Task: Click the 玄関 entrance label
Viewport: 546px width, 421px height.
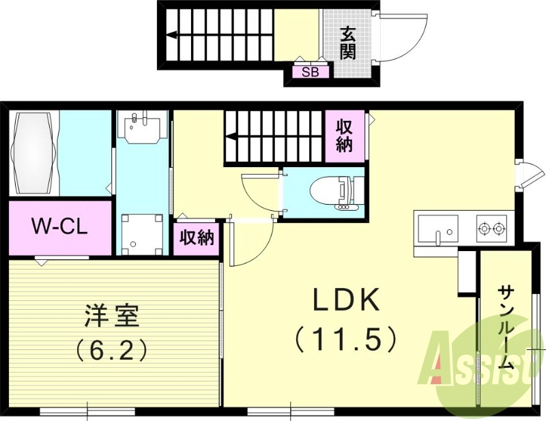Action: pyautogui.click(x=348, y=42)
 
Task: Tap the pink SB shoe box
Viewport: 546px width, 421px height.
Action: pyautogui.click(x=309, y=72)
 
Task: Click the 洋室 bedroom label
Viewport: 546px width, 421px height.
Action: pyautogui.click(x=112, y=317)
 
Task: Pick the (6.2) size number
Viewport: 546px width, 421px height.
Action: pyautogui.click(x=112, y=351)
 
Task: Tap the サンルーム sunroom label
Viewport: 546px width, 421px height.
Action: pyautogui.click(x=506, y=328)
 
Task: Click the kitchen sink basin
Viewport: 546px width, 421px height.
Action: pyautogui.click(x=437, y=228)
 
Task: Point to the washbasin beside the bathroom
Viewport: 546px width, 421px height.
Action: pyautogui.click(x=143, y=127)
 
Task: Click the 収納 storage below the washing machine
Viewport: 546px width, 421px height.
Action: pyautogui.click(x=197, y=238)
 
